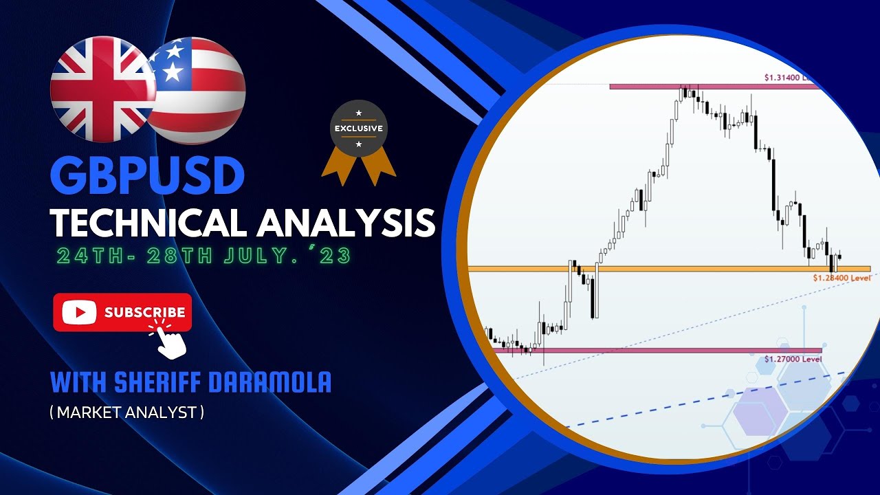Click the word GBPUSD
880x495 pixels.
click(148, 175)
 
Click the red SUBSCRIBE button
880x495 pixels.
click(122, 313)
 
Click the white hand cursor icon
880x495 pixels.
click(171, 341)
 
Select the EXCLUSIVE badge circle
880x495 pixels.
click(358, 129)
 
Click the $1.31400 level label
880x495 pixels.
click(791, 78)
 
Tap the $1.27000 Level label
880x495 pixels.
click(792, 359)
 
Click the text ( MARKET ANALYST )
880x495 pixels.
click(127, 412)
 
